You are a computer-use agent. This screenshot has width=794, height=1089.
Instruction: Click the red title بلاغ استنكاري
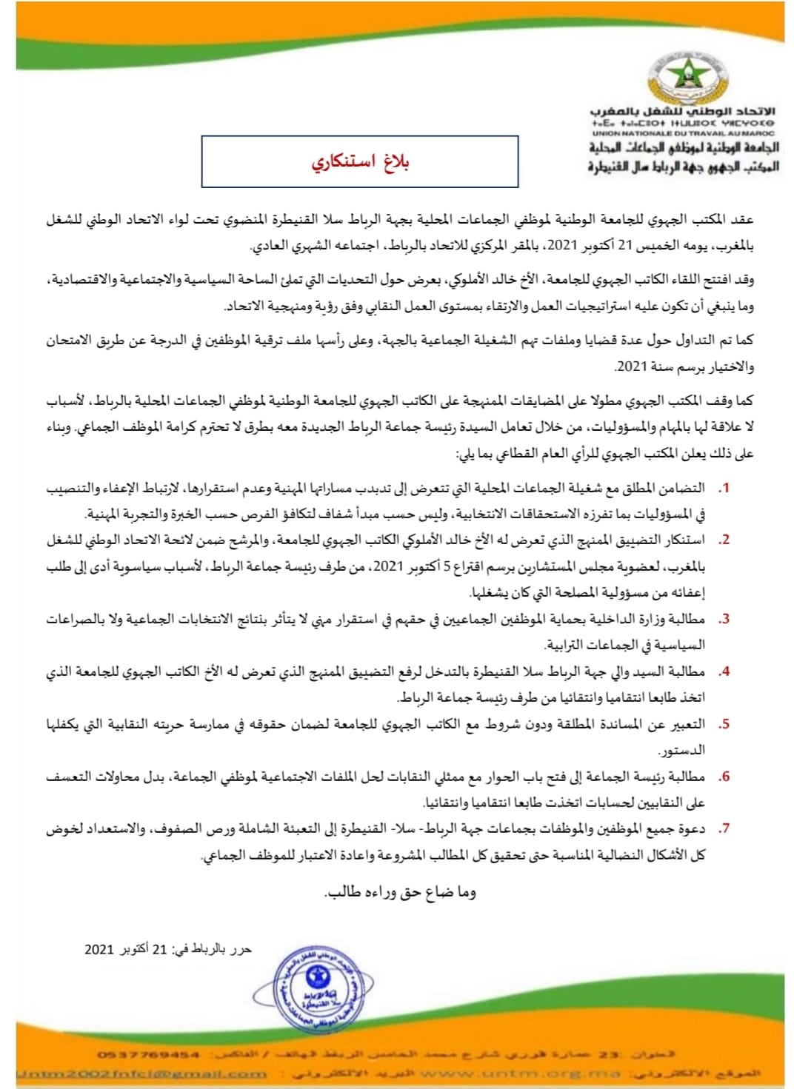coord(360,162)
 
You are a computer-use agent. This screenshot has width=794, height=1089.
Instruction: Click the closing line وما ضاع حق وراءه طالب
coord(401,893)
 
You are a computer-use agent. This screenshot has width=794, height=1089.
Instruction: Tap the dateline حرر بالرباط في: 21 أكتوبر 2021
coord(168,950)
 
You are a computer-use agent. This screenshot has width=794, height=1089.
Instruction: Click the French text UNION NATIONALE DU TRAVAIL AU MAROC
coord(682,133)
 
